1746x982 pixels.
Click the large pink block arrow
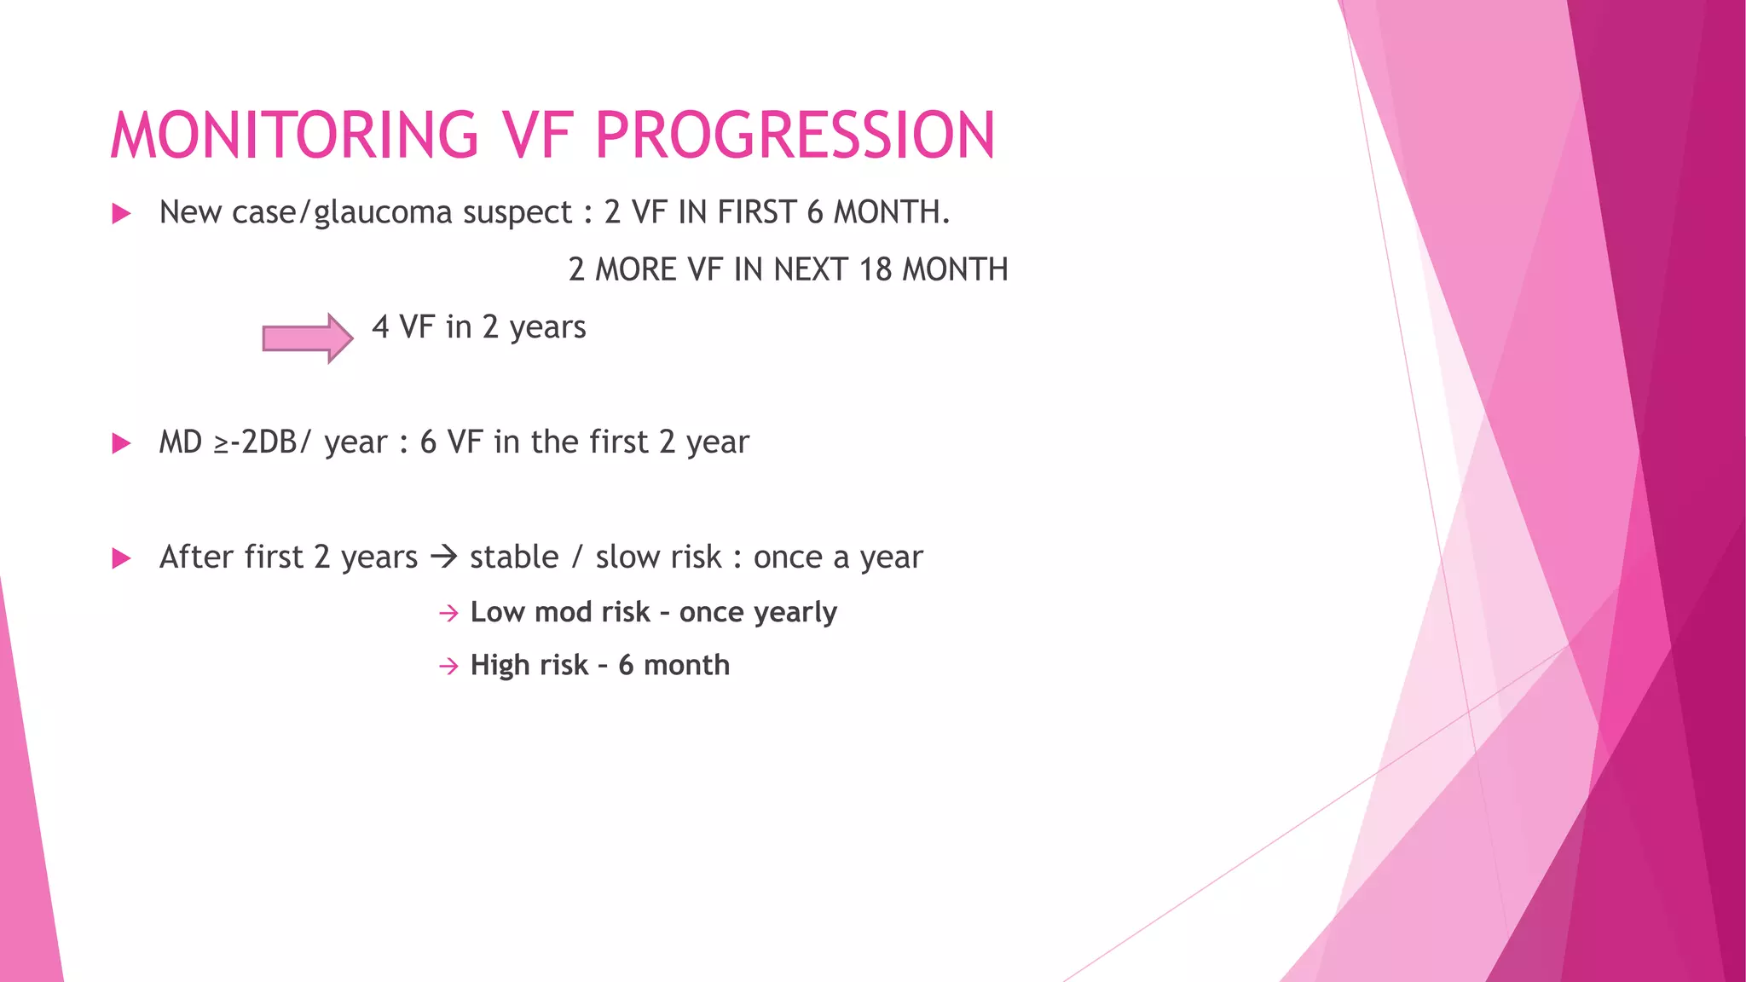tap(307, 338)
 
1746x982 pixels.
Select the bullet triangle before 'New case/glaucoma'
tap(121, 213)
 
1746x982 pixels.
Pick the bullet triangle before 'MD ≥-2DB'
tap(121, 443)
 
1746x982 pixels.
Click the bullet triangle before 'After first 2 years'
tap(121, 558)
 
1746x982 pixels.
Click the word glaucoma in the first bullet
tap(383, 213)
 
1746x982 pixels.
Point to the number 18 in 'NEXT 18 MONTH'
tap(875, 269)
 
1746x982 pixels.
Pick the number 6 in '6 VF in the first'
tap(428, 442)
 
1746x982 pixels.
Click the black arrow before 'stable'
tap(444, 557)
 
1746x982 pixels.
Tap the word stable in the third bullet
tap(514, 557)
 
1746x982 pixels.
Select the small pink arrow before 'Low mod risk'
tap(448, 613)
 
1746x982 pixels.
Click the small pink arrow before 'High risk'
tap(448, 666)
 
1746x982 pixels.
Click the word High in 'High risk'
tap(500, 665)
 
